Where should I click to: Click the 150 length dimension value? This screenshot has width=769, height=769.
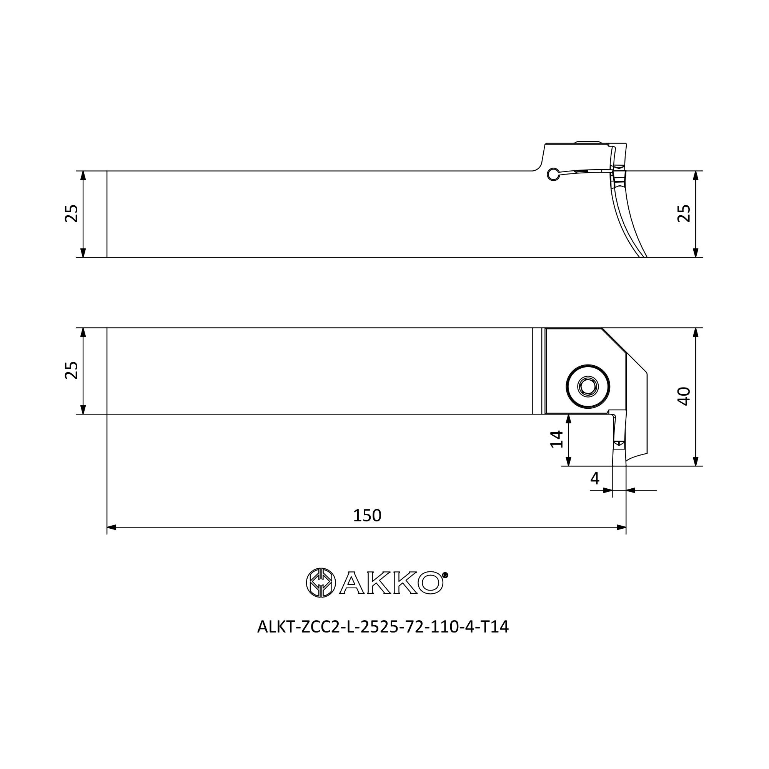(x=367, y=516)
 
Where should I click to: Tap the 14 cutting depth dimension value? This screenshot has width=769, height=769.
(x=557, y=439)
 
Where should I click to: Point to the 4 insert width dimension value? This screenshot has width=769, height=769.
(x=595, y=478)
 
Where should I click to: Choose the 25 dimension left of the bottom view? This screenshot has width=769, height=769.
(x=71, y=370)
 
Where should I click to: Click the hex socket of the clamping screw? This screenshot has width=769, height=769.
(x=588, y=386)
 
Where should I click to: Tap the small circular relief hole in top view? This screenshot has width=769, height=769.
(x=553, y=174)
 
